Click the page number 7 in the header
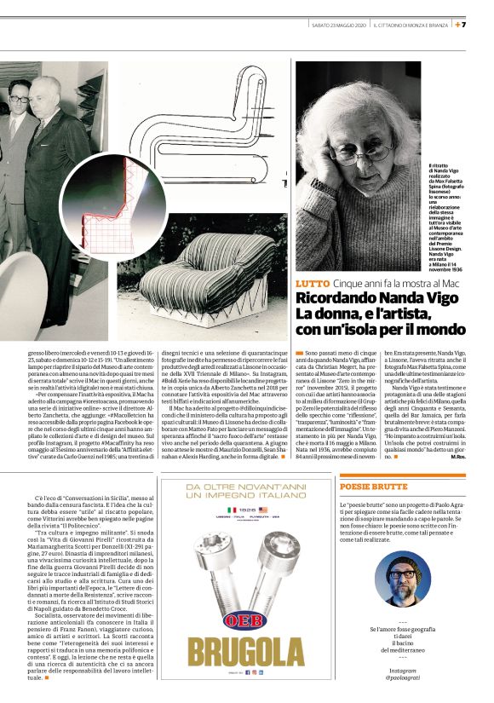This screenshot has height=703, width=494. pyautogui.click(x=487, y=25)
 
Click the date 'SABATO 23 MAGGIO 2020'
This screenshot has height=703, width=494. pyautogui.click(x=339, y=25)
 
